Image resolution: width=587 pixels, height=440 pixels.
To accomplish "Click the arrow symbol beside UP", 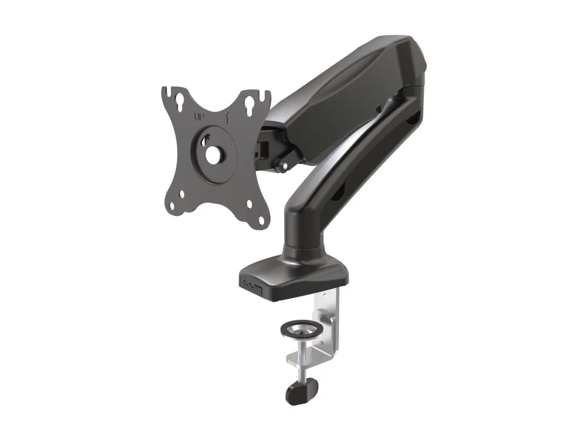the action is pos(226,117).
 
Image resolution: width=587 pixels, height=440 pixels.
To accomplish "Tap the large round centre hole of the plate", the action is pos(214,153).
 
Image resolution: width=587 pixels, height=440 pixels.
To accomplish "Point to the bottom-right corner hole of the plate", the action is pos(262,221).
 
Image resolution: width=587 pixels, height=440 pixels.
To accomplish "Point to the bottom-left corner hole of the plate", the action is pos(172,206).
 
